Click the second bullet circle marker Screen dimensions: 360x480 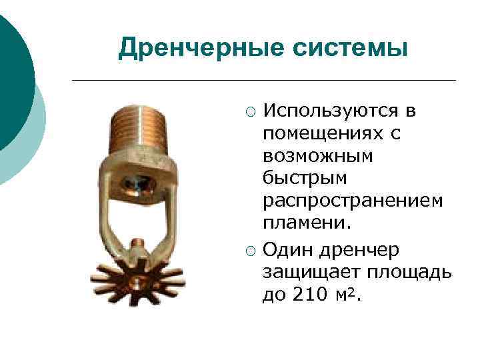point(249,250)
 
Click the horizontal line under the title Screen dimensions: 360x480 point(263,81)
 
